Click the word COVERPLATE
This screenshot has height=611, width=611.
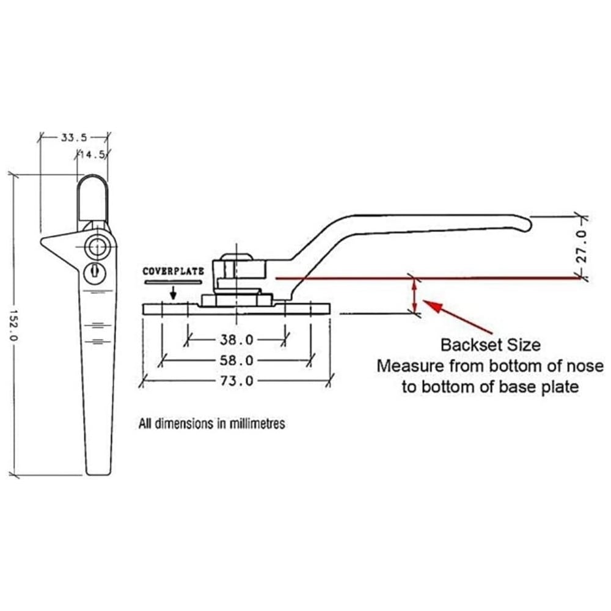click(x=172, y=271)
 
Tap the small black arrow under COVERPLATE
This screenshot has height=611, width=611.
click(x=173, y=295)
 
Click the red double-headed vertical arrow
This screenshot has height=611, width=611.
click(x=415, y=295)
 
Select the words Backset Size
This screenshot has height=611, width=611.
click(x=491, y=345)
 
